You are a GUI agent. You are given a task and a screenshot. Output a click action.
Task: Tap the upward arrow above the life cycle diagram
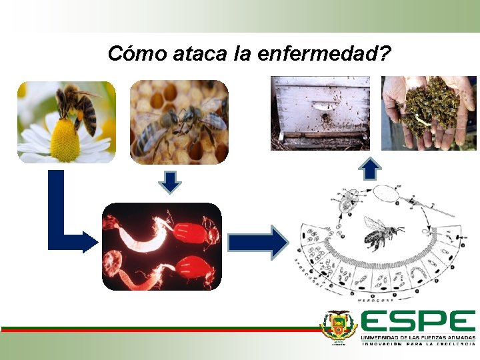[371, 169]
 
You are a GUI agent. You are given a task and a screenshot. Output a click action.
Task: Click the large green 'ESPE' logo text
[418, 322]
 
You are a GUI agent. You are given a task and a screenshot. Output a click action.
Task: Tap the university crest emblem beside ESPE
[339, 327]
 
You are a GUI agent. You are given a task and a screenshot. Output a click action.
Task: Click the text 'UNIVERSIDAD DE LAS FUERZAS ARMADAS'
[418, 338]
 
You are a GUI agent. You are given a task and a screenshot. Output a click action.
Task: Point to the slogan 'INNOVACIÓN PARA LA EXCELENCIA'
[418, 345]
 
